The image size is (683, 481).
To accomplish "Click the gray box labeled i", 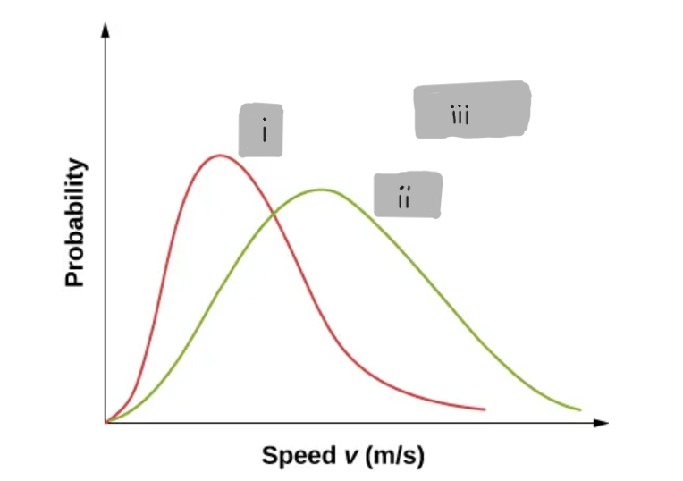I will pyautogui.click(x=260, y=131).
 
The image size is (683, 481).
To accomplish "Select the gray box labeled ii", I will pyautogui.click(x=407, y=195).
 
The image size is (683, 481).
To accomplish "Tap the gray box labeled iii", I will pyautogui.click(x=472, y=110).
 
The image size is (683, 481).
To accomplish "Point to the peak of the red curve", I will pyautogui.click(x=219, y=156).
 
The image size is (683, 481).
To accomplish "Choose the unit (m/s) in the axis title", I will pyautogui.click(x=394, y=457).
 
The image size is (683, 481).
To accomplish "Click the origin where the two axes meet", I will pyautogui.click(x=106, y=421).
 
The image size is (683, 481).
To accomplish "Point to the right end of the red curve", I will pyautogui.click(x=484, y=409).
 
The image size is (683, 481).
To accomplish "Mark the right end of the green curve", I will pyautogui.click(x=580, y=410).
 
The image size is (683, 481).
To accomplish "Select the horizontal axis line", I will pyautogui.click(x=358, y=421).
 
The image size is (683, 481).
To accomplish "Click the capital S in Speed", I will pyautogui.click(x=270, y=456).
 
